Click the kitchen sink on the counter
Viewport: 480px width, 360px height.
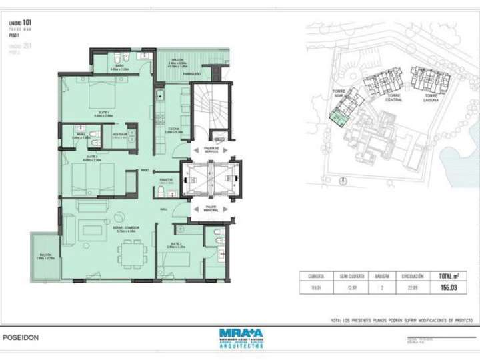coord(161,99)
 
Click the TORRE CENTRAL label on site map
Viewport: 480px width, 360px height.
coord(394,98)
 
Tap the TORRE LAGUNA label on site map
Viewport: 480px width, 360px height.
coord(431,98)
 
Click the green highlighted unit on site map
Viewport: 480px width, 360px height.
coord(338,118)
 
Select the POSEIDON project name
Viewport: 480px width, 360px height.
coord(21,337)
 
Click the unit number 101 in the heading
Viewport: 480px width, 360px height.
coord(27,23)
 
